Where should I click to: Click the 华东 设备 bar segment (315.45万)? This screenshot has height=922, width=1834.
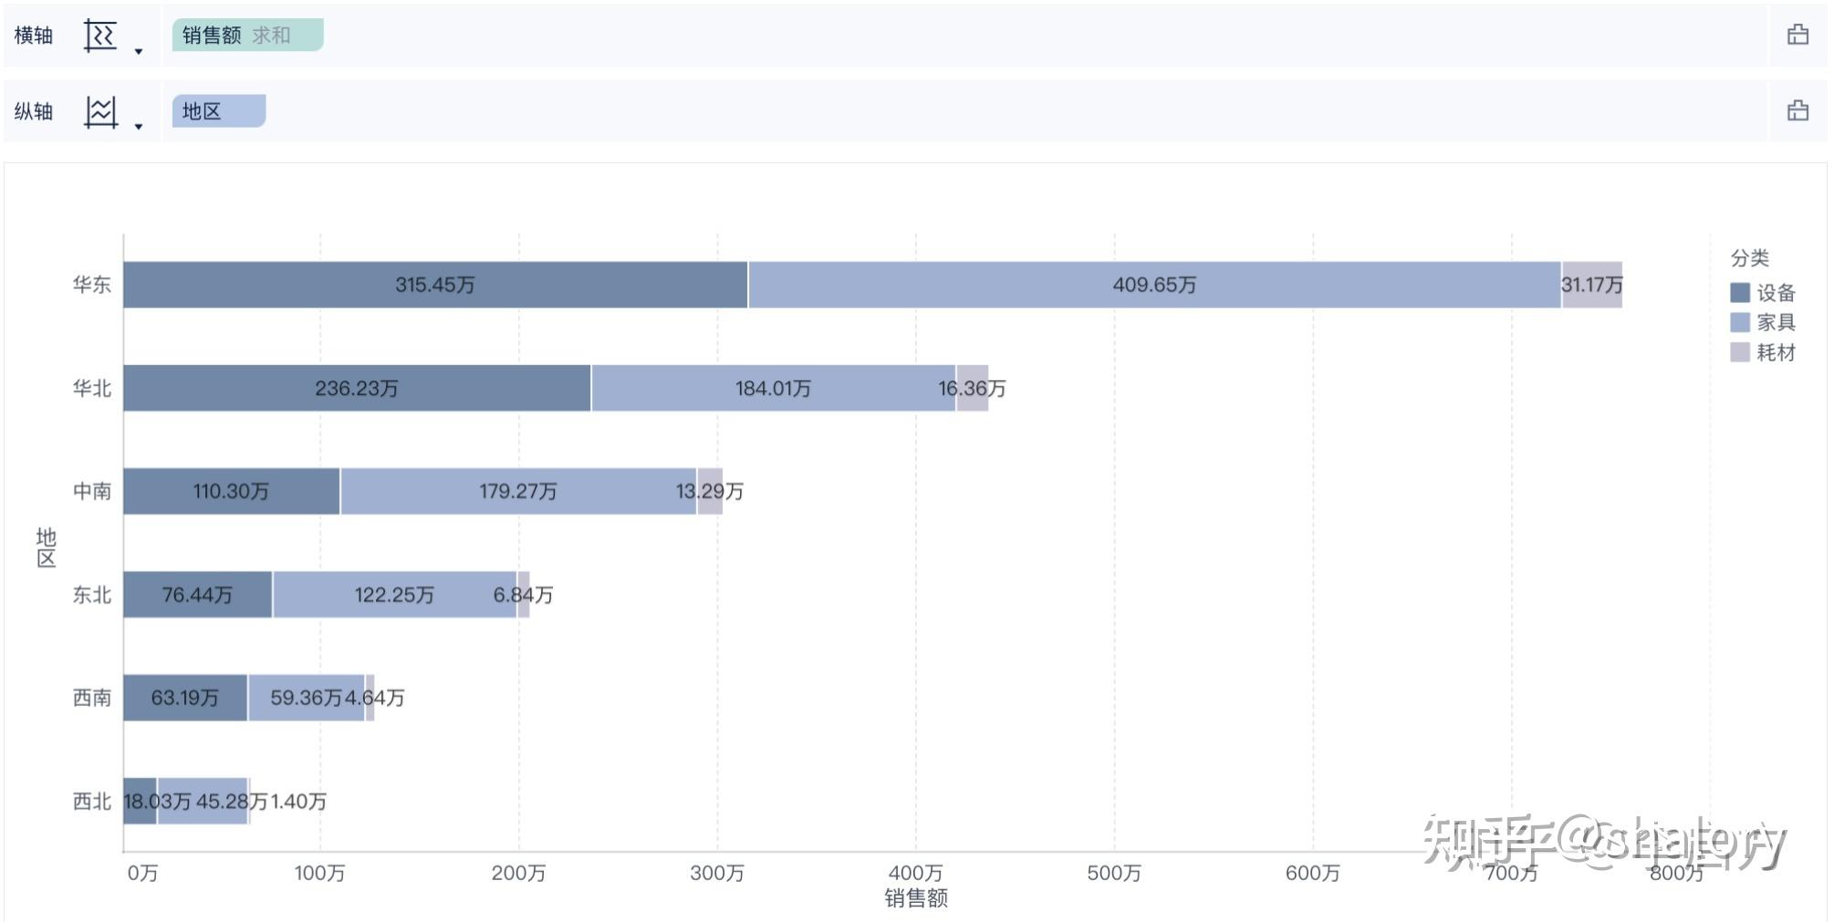435,285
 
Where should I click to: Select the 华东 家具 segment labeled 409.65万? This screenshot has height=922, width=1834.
1154,285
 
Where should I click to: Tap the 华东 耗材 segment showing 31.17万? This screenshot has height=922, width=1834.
1591,285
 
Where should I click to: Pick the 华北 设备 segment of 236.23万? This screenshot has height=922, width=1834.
357,388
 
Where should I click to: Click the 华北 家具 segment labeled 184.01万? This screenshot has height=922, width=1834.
773,388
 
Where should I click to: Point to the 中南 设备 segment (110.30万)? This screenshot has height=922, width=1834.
231,492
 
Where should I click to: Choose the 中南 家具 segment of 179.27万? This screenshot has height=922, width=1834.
517,492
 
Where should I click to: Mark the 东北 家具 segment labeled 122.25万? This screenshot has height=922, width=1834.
394,595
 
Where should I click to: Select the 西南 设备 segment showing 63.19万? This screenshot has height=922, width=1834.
184,698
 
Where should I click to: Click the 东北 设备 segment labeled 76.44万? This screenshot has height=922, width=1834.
197,595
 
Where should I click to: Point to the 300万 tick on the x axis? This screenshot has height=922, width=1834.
717,874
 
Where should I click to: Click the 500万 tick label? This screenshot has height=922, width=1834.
1114,874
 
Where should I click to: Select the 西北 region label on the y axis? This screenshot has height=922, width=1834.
91,802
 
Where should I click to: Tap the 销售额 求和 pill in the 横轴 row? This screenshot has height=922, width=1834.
247,36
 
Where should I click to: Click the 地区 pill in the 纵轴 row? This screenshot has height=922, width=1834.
218,111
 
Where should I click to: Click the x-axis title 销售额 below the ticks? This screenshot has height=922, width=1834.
916,899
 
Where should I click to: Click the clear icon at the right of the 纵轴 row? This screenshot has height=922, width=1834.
1798,111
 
